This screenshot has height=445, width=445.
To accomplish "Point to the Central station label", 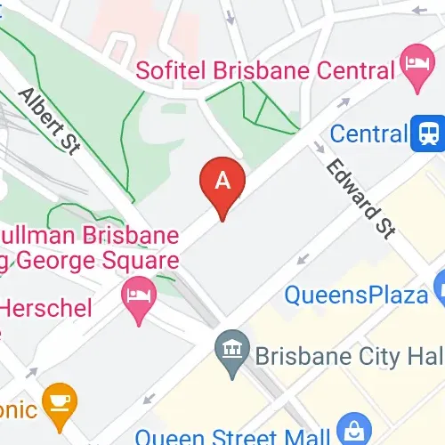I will point(368,134).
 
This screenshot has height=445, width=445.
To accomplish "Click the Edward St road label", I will point(359,198).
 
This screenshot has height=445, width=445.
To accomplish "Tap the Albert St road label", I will point(49,121).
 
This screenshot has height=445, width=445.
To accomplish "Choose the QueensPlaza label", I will point(355,294).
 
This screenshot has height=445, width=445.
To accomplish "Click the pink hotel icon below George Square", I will point(138,291).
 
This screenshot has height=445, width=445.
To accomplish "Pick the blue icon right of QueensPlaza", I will point(439,290).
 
